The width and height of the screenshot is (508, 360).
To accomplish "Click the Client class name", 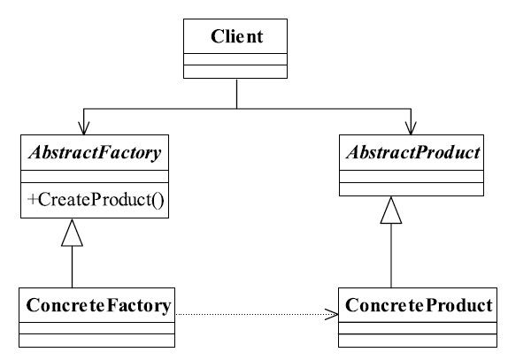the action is pos(236,36).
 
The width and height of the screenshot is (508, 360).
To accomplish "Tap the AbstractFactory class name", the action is pos(95,152).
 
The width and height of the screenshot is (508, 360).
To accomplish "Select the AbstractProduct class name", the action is pos(413,152).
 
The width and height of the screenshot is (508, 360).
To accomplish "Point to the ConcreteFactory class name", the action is pos(98,305).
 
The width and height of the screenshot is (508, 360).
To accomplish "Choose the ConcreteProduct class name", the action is pos(419,305).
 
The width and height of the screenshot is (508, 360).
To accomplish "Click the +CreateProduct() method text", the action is pos(96,200).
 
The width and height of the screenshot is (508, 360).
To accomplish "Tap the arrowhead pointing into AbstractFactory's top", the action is pos(83,128).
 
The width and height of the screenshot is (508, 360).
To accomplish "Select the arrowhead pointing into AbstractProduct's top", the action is pos(411,128).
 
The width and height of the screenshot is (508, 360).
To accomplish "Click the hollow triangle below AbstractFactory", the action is pos(72,233).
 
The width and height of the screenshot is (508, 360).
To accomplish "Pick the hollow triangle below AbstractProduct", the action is pos(391,211).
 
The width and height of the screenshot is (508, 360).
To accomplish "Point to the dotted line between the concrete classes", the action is pos(257,314).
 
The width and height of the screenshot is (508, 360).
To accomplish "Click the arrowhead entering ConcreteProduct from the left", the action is pos(332,314).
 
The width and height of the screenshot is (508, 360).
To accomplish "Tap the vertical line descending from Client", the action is pos(236,94).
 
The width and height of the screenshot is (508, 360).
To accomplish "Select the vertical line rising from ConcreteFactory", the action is pos(72,267).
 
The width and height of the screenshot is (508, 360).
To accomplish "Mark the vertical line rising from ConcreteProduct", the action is pos(391,256).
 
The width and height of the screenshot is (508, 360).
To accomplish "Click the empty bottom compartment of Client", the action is pos(235,72).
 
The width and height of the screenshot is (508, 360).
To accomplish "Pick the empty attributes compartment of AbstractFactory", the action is pos(95,176).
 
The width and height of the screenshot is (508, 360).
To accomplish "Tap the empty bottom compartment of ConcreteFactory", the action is pos(96,341).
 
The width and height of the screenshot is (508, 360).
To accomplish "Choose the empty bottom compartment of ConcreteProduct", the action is pos(418,341).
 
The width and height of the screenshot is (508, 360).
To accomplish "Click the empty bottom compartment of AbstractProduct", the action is pos(412,189).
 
